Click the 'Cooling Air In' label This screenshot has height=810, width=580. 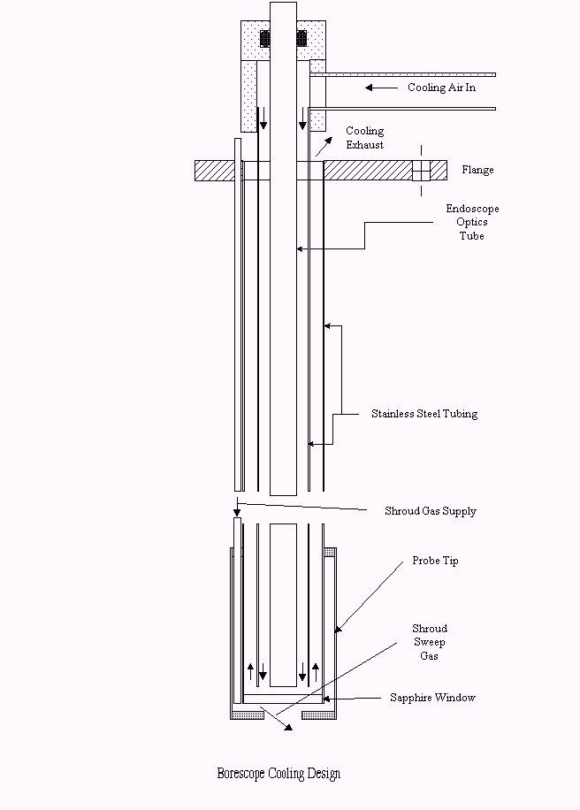click(441, 88)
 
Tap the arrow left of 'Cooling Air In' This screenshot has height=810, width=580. click(381, 88)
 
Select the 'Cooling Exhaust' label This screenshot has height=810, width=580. click(364, 137)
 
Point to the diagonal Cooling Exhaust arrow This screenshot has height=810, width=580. click(324, 147)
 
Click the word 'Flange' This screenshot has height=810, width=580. click(477, 170)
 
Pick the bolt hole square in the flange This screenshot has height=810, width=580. click(421, 171)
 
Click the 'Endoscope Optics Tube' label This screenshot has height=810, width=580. click(472, 222)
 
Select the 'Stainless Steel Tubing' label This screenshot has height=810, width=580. click(424, 413)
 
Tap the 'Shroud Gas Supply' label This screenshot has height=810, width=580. click(431, 511)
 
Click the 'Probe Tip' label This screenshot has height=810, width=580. click(435, 561)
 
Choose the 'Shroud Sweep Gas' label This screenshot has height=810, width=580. click(429, 642)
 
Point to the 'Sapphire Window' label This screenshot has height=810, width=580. click(432, 698)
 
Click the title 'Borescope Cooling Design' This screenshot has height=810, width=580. click(279, 774)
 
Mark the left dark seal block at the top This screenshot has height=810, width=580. click(265, 39)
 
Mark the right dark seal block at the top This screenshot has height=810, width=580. click(301, 39)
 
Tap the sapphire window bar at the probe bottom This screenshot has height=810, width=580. click(283, 699)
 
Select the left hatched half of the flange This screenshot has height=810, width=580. click(217, 171)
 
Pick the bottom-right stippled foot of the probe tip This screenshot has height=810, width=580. click(319, 715)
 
